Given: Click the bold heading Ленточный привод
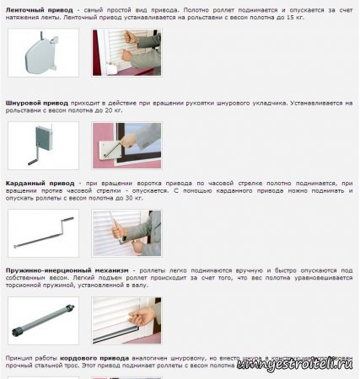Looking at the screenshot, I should tap(40, 8).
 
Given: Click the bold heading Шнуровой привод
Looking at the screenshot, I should tap(38, 103).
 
